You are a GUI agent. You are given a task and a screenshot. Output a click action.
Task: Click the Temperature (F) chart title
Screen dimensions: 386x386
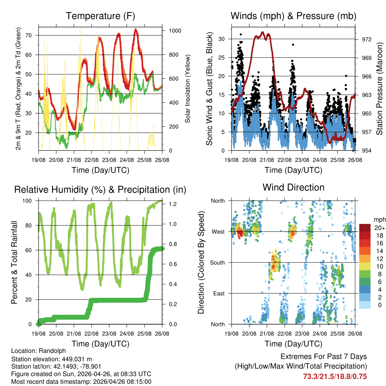coord(100,16)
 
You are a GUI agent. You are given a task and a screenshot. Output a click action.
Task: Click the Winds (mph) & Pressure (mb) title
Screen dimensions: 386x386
coord(293,16)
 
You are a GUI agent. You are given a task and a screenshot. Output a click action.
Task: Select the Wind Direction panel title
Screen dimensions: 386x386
coord(293,187)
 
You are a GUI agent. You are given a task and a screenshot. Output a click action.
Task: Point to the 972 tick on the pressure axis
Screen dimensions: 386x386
coord(367,39)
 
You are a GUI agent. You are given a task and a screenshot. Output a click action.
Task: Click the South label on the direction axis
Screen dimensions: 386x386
coord(218,262)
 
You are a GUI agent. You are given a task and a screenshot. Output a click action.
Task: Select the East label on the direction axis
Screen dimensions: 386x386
coord(219,293)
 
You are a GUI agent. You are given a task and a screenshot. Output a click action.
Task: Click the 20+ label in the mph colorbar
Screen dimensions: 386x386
coord(379,228)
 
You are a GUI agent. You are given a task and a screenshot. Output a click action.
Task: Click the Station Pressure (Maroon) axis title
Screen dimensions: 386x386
coord(380,89)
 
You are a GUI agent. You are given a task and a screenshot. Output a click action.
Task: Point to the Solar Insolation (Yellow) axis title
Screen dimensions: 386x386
coord(188,89)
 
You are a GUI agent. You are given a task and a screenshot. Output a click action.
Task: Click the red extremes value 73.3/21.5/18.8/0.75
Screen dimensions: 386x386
coord(335,376)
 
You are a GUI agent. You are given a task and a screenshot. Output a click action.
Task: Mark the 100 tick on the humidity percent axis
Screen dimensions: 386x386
coord(29,201)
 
